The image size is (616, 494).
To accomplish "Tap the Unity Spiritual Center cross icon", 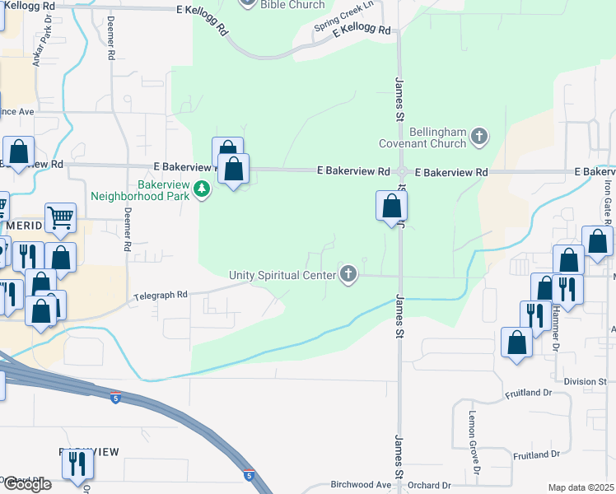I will coord(348,274).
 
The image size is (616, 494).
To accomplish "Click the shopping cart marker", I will coord(60,218).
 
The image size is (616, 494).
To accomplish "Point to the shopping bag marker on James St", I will coord(392,206).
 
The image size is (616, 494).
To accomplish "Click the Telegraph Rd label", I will coord(161,294).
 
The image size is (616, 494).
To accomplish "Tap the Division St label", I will coord(586,381).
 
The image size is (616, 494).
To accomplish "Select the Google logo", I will coord(27,484).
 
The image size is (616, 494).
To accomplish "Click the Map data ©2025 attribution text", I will coord(581,487).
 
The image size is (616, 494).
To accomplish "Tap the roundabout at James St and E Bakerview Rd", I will coord(401,172).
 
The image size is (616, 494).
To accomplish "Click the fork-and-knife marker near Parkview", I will coord(77,464).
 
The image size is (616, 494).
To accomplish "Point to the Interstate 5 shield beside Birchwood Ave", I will coord(249,476).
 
